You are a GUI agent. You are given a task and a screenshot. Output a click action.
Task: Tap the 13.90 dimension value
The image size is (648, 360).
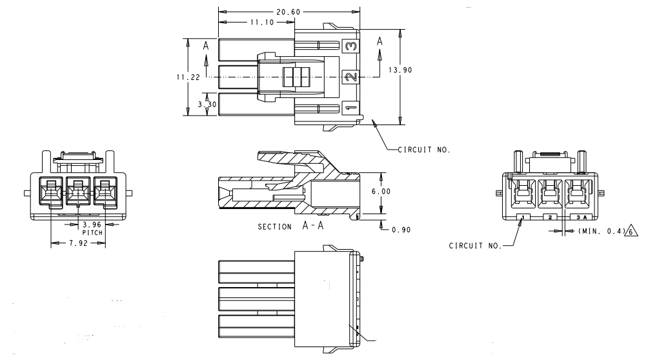pos(402,70)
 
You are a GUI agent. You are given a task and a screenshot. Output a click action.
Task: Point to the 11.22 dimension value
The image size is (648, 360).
pos(186,77)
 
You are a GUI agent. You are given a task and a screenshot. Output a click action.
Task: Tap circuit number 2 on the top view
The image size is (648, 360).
pos(350,77)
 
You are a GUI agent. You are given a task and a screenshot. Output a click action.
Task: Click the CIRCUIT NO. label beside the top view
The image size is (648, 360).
pos(423,150)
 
